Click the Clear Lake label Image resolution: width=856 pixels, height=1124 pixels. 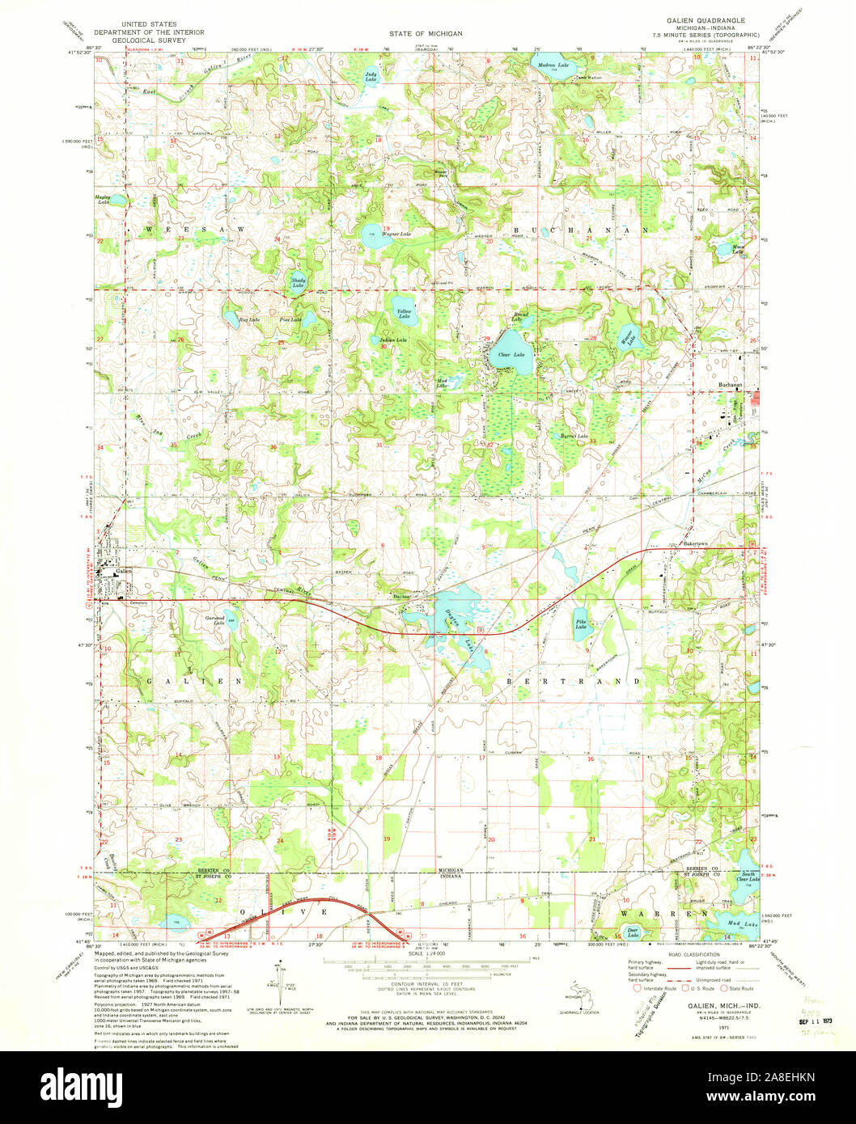[x=511, y=355]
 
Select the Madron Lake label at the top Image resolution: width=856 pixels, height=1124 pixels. [x=553, y=65]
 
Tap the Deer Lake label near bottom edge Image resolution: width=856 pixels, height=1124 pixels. [x=633, y=932]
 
